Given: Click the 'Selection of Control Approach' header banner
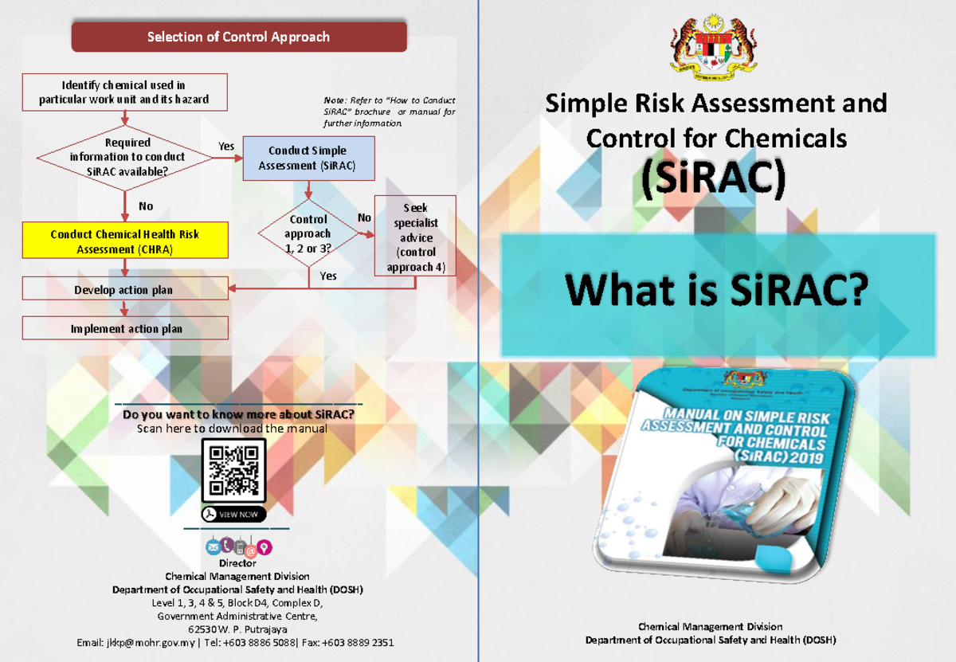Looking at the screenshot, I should tap(238, 37).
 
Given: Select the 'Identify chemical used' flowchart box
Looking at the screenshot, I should tap(124, 92).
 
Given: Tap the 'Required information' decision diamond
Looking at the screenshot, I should tap(127, 157).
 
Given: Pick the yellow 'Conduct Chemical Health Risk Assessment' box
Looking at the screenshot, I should tap(124, 241).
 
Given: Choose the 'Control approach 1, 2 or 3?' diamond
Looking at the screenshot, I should tap(308, 233).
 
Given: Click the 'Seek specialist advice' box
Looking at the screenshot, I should tap(415, 236).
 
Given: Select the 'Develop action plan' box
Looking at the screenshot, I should tap(124, 290).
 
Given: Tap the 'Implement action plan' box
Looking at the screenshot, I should tap(124, 328).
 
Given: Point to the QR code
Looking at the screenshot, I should tap(233, 470).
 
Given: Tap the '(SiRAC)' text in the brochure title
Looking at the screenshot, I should tap(714, 178).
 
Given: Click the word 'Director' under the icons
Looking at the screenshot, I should tap(237, 563).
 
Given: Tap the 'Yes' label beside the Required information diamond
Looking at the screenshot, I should tap(226, 146).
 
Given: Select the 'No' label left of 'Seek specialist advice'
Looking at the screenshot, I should tap(364, 218).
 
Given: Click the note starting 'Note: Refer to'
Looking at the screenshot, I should tap(389, 112).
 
